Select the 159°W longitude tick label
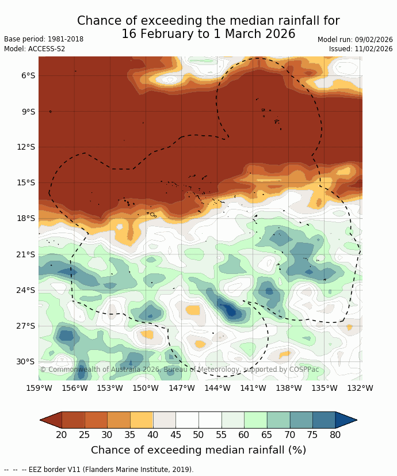39,389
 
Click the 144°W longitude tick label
217,389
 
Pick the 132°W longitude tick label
360,389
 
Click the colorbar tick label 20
62,435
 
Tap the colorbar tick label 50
199,435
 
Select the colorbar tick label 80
335,435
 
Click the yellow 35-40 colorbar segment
142,420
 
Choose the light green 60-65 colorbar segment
255,420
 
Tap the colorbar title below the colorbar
199,450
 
